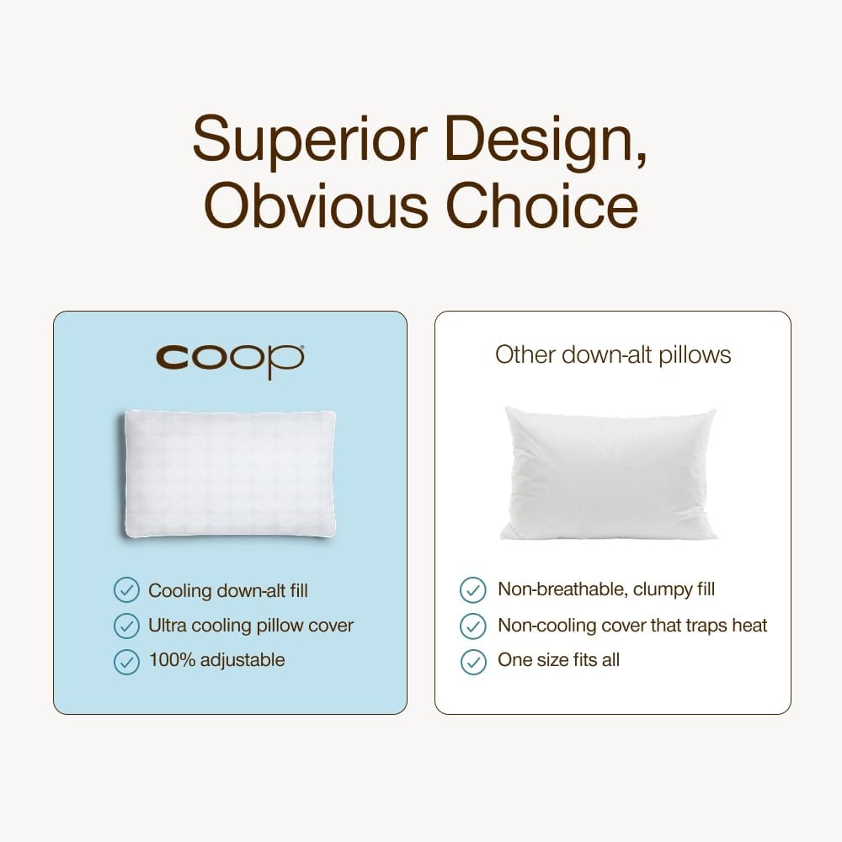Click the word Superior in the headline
coord(311,140)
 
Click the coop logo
coord(231,360)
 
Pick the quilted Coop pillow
coord(229,474)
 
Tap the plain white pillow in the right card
coord(609,472)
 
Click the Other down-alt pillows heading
coord(613,355)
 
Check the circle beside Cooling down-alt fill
coord(127,589)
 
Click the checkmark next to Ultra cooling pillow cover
coord(127,626)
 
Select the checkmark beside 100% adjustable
coord(127,662)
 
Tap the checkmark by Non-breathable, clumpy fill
coord(473,589)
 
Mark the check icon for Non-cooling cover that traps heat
coord(473,626)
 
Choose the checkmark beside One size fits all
coord(473,662)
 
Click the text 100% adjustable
coord(216,660)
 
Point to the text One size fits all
coord(558,659)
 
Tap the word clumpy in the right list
coord(658,590)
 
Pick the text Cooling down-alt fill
coord(228,591)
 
